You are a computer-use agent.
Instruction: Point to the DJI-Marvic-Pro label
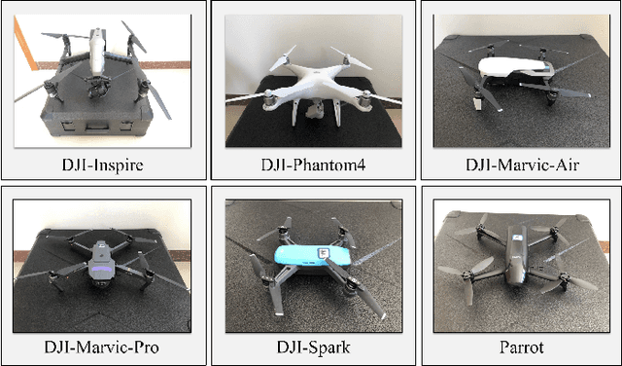101,347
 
